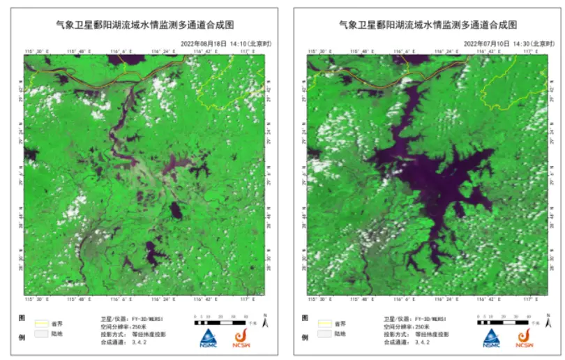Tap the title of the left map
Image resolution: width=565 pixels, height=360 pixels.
144,24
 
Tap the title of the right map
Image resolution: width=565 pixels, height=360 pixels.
428,24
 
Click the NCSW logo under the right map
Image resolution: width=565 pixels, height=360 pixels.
525,338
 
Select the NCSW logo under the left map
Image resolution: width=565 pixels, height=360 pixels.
241,338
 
